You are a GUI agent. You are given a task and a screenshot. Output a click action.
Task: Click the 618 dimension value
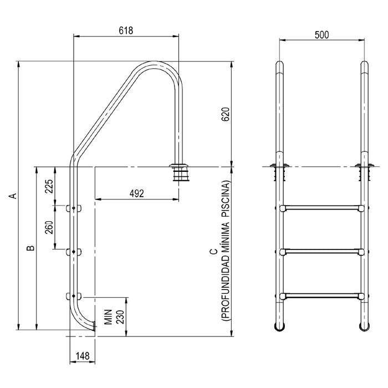[x=126, y=31]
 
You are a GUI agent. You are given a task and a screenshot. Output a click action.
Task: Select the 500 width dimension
[x=321, y=34]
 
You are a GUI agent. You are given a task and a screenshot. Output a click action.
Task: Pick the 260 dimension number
[x=49, y=227]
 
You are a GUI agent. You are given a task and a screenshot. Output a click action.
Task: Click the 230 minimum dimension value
[x=120, y=316]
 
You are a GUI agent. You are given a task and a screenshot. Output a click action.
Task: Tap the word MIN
[x=109, y=316]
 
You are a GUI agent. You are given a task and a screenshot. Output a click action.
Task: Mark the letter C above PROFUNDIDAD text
[x=213, y=251]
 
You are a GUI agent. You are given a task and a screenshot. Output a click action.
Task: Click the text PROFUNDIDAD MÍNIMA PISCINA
[x=226, y=251]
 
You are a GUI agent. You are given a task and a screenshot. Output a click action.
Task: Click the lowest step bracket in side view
[x=73, y=296]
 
